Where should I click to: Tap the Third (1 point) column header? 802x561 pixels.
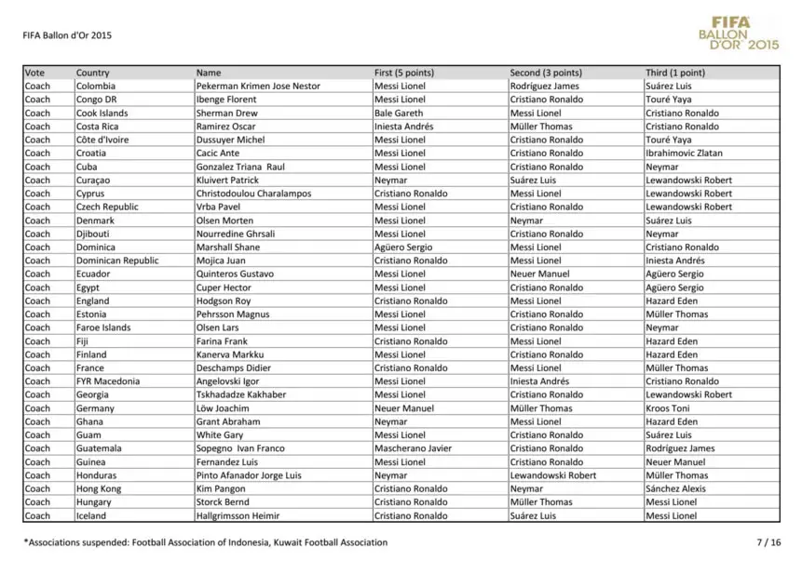point(674,73)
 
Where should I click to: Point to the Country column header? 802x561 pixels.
point(92,73)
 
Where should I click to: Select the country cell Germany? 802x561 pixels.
point(95,408)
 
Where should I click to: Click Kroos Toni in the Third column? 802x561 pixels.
point(668,408)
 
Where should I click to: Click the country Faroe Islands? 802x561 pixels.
point(103,327)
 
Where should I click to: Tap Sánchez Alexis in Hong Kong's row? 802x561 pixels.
point(675,488)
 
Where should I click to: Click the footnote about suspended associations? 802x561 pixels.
point(205,541)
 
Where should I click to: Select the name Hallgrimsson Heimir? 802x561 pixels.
point(237,515)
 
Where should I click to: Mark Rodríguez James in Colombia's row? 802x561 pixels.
point(544,86)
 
